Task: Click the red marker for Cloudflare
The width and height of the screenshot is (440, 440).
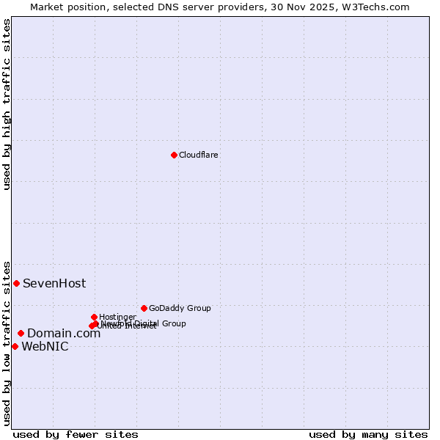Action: pyautogui.click(x=174, y=155)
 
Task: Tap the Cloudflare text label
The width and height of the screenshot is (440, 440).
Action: pyautogui.click(x=199, y=155)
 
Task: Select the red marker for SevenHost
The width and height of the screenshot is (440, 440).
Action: pyautogui.click(x=16, y=283)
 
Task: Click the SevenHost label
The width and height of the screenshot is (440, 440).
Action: pyautogui.click(x=54, y=283)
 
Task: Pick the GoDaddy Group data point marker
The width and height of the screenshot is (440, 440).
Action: pyautogui.click(x=144, y=308)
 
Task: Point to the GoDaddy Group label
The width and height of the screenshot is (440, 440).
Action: pyautogui.click(x=180, y=308)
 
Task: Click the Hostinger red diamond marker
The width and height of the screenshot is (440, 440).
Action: pyautogui.click(x=94, y=317)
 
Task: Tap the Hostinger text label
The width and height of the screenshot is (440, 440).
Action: pyautogui.click(x=117, y=317)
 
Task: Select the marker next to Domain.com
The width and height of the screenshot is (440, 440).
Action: pyautogui.click(x=21, y=333)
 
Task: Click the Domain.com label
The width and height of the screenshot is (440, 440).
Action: pyautogui.click(x=64, y=334)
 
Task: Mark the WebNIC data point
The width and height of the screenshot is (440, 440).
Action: pyautogui.click(x=15, y=346)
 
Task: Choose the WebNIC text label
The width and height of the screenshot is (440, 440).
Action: pyautogui.click(x=45, y=347)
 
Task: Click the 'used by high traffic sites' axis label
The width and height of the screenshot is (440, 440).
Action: pyautogui.click(x=7, y=104)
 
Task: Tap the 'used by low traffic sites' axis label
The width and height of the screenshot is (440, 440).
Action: pyautogui.click(x=7, y=342)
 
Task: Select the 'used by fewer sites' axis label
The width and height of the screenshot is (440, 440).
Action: pyautogui.click(x=76, y=434)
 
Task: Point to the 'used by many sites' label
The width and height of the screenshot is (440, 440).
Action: pyautogui.click(x=368, y=434)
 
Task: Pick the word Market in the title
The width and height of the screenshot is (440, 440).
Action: pyautogui.click(x=48, y=7)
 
